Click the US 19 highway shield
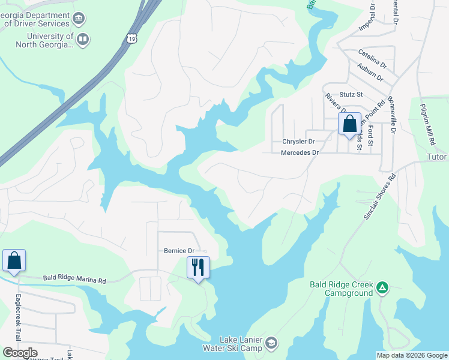point(131,39)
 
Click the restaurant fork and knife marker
point(199,267)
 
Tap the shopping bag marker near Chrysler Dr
point(349,124)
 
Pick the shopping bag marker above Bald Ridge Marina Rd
point(14,260)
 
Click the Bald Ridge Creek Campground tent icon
point(382,289)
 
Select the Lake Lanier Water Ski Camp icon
point(271,343)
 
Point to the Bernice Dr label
point(179,251)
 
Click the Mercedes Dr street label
point(300,153)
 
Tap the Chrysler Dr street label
point(298,142)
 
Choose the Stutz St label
point(351,94)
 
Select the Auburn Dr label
point(370,71)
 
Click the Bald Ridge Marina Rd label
point(74,280)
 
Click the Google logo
point(20,353)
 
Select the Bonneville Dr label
point(392,114)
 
